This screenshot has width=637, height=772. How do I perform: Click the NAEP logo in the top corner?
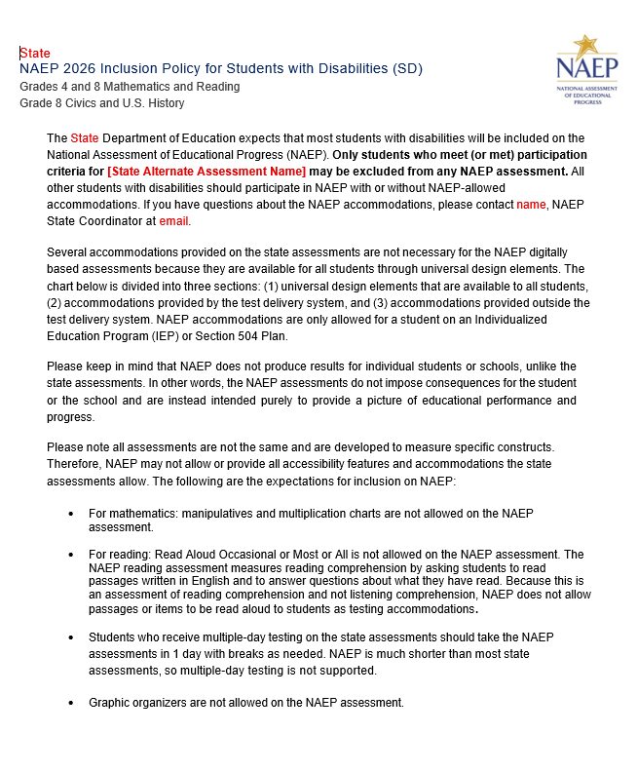(x=586, y=69)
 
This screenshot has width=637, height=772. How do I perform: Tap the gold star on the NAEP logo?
(x=585, y=45)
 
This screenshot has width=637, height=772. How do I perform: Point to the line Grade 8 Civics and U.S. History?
(x=101, y=103)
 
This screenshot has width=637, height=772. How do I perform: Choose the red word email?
(x=172, y=221)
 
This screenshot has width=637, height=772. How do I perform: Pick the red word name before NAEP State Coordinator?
(x=531, y=205)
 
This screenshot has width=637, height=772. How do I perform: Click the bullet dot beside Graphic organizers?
(x=71, y=703)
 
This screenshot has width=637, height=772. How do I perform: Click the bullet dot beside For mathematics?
(x=71, y=513)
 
